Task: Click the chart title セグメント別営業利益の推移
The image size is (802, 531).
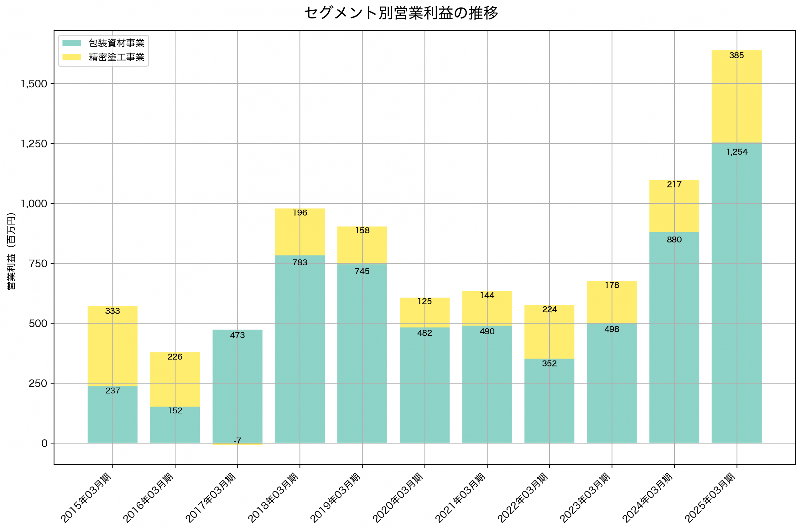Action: point(401,13)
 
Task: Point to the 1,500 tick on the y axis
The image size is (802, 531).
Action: point(34,84)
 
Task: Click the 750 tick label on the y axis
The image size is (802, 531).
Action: point(38,263)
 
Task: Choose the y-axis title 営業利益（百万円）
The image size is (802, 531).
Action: point(11,251)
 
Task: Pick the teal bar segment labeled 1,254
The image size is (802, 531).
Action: point(736,291)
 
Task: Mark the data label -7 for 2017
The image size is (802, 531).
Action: point(237,441)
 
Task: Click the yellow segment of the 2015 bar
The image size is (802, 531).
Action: point(112,345)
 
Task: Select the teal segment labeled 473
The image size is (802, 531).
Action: point(237,386)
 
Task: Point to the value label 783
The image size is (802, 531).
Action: point(299,263)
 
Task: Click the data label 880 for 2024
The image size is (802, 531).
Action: point(674,240)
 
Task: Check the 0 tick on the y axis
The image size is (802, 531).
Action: point(44,443)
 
